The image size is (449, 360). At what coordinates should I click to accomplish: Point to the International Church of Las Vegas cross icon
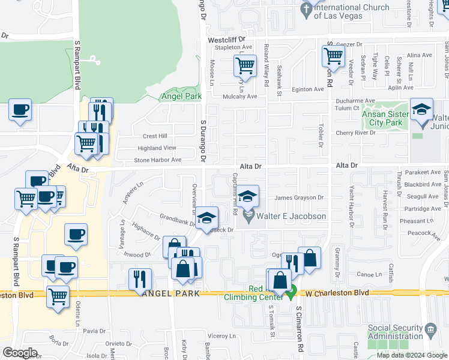306,9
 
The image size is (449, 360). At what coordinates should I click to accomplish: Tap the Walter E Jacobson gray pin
249,215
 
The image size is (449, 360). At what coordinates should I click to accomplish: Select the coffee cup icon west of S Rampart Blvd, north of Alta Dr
20,110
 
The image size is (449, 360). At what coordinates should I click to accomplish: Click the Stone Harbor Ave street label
157,160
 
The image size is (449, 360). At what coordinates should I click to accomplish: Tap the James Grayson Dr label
299,197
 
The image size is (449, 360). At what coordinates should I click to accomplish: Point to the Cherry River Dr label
355,133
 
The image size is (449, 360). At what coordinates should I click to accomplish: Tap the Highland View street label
157,148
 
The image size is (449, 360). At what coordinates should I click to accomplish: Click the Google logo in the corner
19,352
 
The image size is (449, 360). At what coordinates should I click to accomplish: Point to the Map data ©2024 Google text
411,355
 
